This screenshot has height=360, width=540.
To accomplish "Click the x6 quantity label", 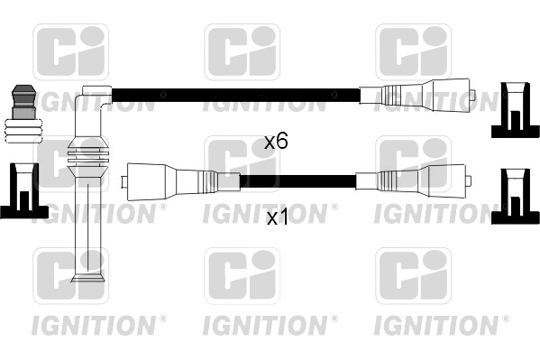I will [275, 142].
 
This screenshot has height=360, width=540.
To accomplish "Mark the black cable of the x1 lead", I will [297, 180].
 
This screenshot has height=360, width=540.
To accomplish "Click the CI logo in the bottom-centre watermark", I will [242, 275].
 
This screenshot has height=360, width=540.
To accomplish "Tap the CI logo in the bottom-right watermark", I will [412, 275].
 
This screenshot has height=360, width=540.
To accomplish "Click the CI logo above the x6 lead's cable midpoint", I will [242, 52].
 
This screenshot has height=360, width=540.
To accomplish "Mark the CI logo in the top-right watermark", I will [412, 52].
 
